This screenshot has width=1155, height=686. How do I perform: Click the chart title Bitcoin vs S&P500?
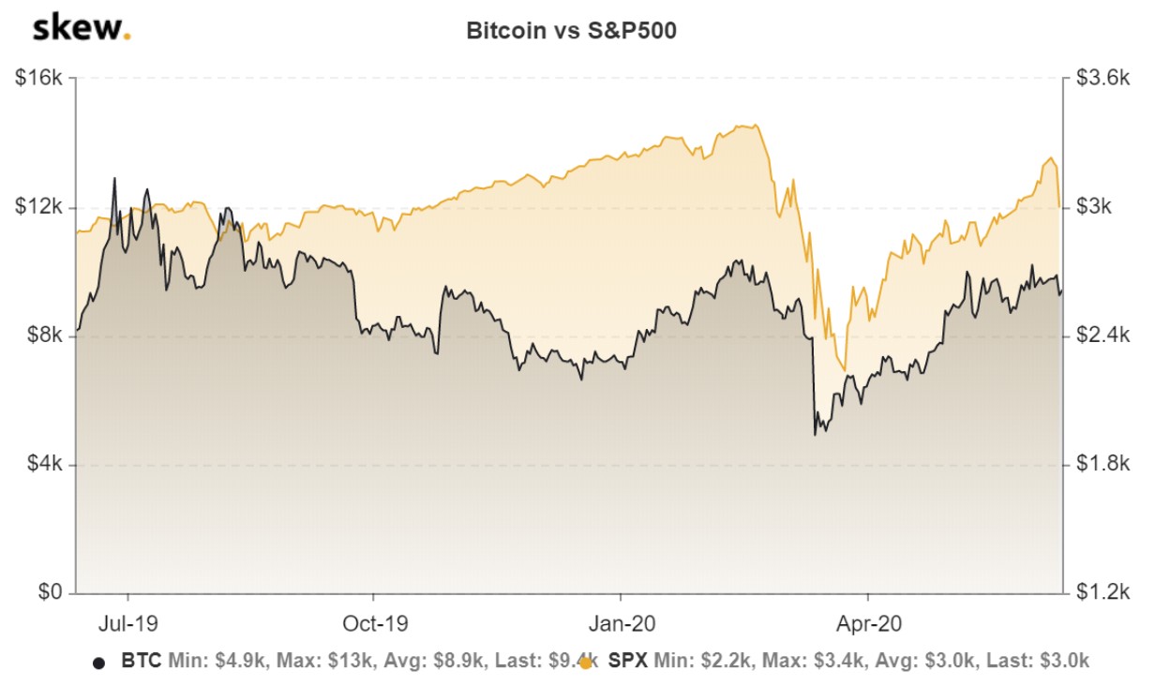point(571,31)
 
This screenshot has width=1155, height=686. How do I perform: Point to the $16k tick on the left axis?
point(39,79)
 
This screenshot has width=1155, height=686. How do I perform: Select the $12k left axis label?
point(39,207)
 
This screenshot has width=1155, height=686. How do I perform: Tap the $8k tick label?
point(44,336)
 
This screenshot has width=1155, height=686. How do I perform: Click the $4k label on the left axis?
point(44,464)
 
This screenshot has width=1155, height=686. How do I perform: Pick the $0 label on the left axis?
point(50,592)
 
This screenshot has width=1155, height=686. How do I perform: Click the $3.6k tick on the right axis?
point(1100,79)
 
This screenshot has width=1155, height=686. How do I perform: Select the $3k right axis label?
point(1093,207)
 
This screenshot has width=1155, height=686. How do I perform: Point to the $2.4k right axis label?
point(1100,336)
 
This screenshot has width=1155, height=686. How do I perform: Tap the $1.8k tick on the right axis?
point(1100,464)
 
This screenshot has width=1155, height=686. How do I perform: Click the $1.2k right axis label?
point(1100,592)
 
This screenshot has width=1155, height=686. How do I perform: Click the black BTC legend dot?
point(98,663)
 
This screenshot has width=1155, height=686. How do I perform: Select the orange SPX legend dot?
point(586,663)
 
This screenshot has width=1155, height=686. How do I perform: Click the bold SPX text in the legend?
point(628,661)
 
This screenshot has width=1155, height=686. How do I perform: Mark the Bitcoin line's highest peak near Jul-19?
point(114,178)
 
